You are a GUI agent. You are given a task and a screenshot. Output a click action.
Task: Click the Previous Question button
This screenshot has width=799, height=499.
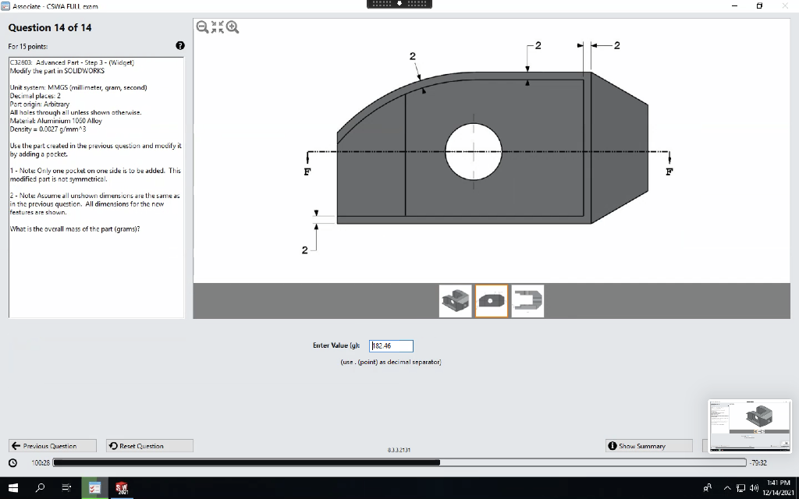pos(53,446)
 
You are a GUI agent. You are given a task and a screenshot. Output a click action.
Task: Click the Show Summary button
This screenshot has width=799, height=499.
pos(649,446)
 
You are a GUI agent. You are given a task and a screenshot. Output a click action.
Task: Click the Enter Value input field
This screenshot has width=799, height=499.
pos(391,345)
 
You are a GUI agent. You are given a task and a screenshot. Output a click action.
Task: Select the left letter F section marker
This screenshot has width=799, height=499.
pos(307,170)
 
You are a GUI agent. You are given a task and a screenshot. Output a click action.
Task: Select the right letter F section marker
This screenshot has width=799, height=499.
pos(669,170)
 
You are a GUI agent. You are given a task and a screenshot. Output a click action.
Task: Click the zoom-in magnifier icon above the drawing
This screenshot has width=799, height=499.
pos(233,27)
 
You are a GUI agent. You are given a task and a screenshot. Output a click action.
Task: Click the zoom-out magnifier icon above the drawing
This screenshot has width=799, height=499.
pos(202,27)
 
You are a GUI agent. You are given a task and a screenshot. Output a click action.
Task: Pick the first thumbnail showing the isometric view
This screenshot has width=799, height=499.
pos(456,300)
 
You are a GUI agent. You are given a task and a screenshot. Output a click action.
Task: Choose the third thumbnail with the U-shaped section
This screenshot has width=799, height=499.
pos(527,300)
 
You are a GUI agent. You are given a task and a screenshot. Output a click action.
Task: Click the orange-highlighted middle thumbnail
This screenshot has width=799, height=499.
pos(492,300)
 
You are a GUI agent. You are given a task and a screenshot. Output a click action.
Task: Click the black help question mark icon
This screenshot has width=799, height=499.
pos(179,46)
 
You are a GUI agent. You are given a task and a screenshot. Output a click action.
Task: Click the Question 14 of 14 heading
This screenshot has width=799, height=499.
pos(50,27)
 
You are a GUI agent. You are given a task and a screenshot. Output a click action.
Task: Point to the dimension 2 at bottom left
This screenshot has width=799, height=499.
pos(305,250)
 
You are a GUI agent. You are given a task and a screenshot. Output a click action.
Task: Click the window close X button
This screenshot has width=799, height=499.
pos(784,5)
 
